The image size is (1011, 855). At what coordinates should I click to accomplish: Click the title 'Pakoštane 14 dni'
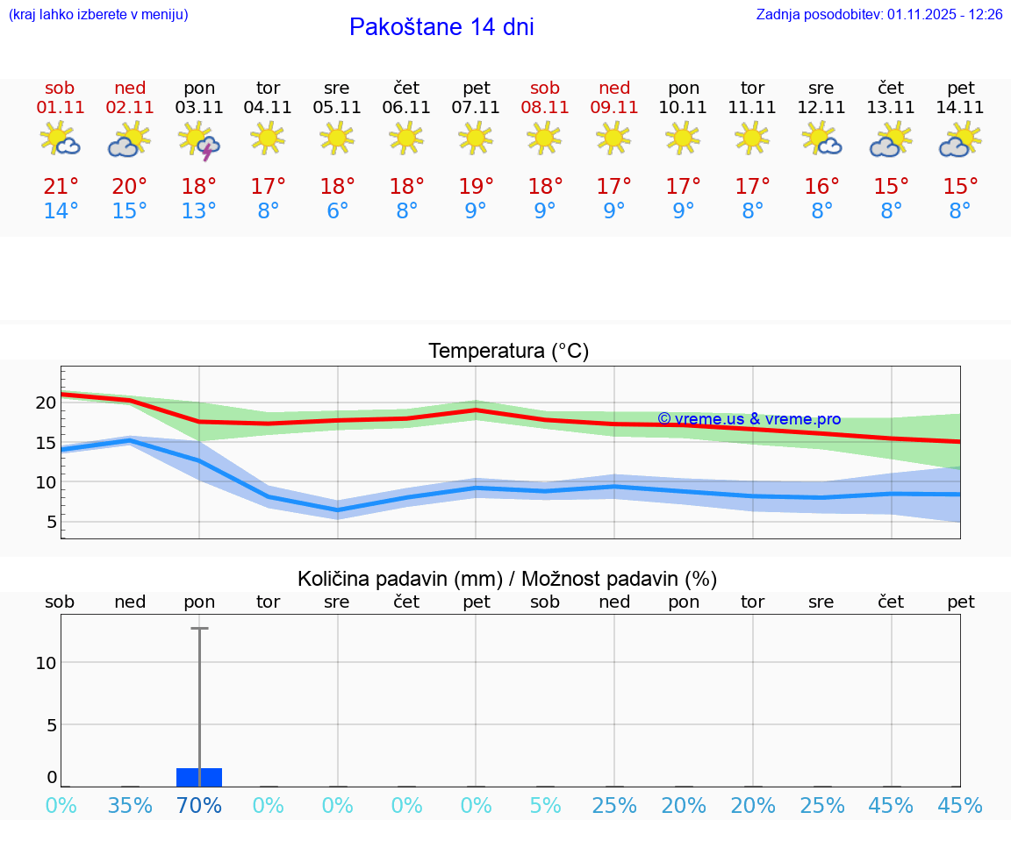(x=441, y=27)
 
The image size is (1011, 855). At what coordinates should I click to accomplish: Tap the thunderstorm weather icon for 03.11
(x=199, y=141)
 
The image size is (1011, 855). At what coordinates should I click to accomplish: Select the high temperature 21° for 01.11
(x=61, y=187)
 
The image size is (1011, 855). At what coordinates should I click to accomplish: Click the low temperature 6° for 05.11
(x=337, y=211)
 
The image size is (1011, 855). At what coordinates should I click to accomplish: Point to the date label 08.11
(x=545, y=108)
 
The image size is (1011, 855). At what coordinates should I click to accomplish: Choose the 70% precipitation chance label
(x=199, y=805)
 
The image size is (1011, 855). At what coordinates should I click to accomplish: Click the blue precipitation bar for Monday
(x=199, y=777)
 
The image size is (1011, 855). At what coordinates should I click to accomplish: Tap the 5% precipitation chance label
(x=545, y=805)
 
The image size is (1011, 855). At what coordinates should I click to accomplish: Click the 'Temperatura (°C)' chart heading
(x=508, y=351)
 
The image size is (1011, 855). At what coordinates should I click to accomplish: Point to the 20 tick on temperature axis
(x=46, y=403)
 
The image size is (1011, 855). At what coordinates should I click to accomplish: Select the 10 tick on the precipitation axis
(x=46, y=662)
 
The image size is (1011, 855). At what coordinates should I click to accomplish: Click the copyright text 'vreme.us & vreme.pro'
(x=749, y=419)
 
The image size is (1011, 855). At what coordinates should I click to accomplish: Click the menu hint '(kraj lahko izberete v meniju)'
(x=98, y=15)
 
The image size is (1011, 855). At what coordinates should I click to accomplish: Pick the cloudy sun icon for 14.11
(x=960, y=141)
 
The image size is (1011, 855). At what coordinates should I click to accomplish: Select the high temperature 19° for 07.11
(x=476, y=187)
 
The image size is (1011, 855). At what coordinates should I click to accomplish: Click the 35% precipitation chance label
(x=130, y=805)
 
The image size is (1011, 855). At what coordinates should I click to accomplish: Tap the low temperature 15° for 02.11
(x=130, y=211)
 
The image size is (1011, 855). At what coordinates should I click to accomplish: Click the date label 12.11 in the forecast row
(x=821, y=108)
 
